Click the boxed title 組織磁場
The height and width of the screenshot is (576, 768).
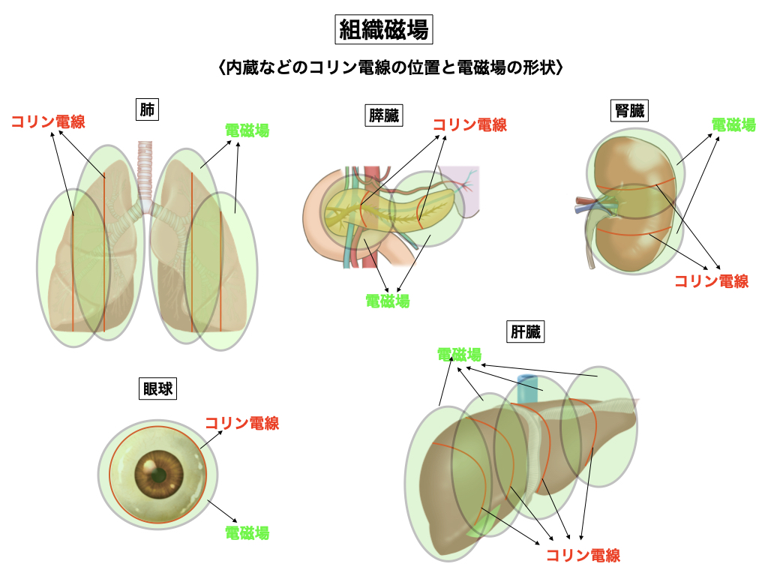coord(384,30)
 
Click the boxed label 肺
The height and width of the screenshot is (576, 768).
coord(147,109)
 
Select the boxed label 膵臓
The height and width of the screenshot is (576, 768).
coord(383,115)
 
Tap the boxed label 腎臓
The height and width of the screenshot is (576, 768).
coord(628,111)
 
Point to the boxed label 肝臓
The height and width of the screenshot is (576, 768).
coord(525,331)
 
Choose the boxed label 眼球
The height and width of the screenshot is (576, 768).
coord(159,388)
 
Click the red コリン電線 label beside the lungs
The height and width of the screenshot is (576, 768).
coord(48,121)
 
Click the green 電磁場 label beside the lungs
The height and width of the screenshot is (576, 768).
coord(247,130)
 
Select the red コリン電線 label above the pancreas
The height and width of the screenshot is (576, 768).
coord(469,124)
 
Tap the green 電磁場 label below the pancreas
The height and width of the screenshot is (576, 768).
coord(387,301)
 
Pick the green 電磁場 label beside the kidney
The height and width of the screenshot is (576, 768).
coord(733,124)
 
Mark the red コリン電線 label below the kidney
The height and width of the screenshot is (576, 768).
coord(711,281)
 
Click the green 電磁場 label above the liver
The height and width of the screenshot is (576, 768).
coord(459,354)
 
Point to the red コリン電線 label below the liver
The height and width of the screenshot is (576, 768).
coord(583,556)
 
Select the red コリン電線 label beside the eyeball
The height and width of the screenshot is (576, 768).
coord(241,423)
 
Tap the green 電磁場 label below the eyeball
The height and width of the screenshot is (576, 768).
coord(247,533)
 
